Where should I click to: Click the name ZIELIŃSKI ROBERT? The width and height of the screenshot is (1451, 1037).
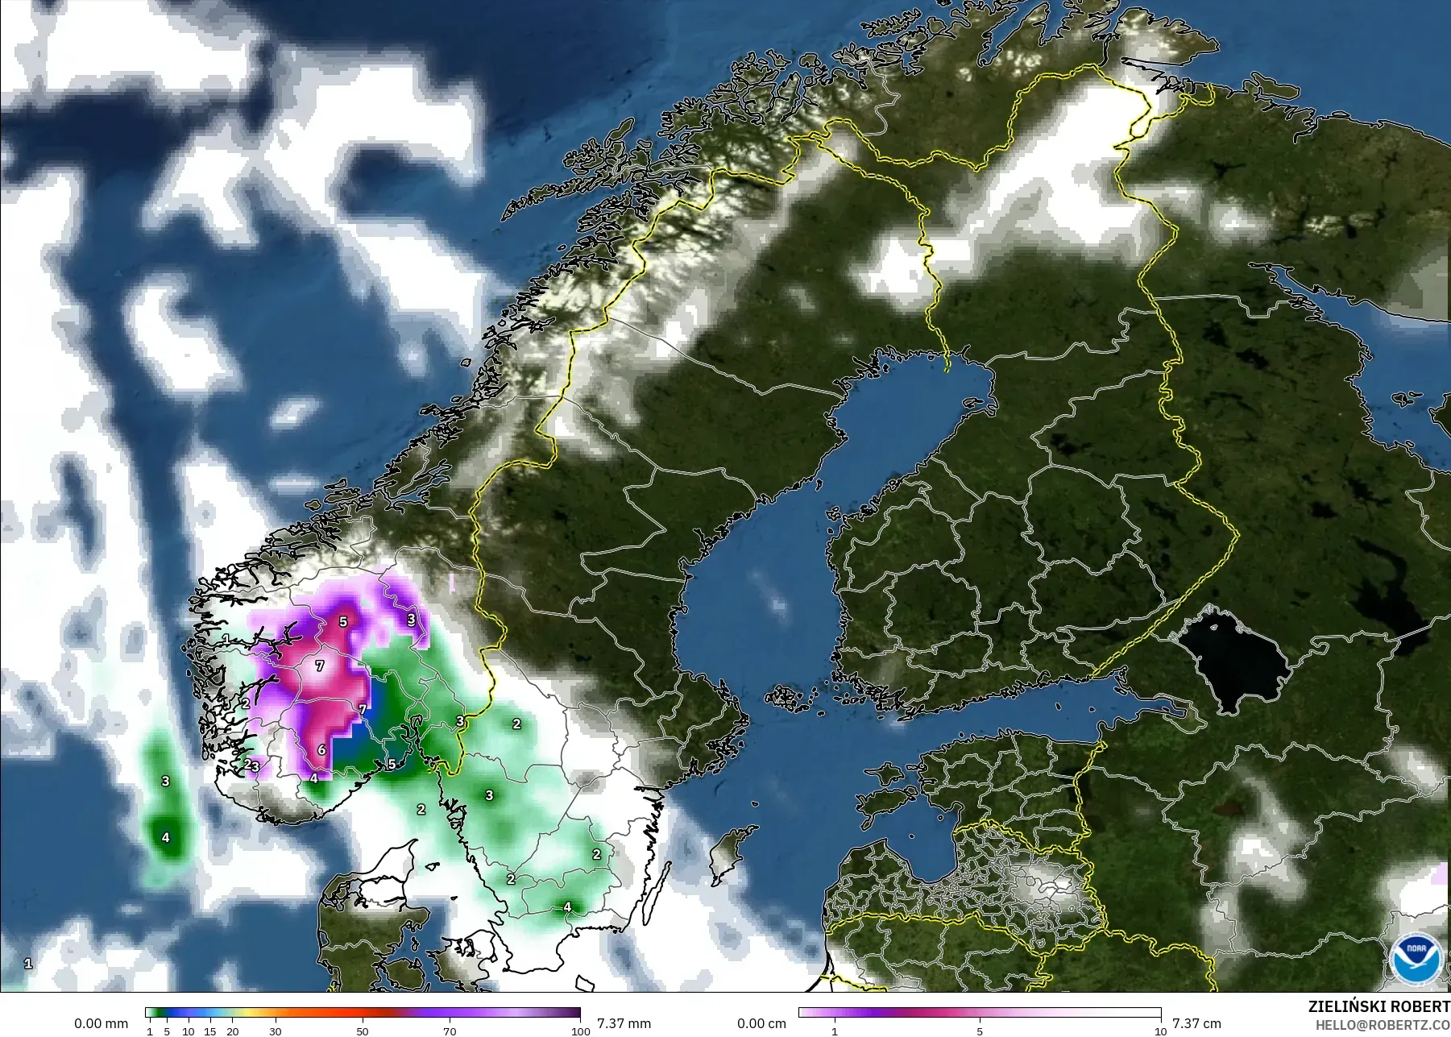1378,1007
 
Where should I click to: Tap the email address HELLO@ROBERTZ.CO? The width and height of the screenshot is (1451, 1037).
1383,1025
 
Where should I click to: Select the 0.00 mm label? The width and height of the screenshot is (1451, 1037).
101,1023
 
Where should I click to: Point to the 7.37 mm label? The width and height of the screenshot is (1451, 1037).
624,1023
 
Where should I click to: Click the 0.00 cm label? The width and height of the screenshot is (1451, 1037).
761,1023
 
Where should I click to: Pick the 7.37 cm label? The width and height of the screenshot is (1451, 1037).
1196,1023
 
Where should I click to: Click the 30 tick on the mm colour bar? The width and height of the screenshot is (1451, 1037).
276,1031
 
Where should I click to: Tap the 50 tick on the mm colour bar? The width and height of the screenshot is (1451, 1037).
363,1031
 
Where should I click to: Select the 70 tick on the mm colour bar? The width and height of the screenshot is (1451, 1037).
450,1031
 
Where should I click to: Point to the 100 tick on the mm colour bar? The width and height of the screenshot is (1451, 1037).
580,1031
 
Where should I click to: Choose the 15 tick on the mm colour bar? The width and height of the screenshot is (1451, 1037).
209,1031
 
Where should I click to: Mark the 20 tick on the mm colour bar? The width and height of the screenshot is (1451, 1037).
232,1031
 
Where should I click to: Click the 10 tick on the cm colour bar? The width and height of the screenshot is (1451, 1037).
1160,1031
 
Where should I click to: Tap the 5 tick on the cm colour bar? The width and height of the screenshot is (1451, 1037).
980,1031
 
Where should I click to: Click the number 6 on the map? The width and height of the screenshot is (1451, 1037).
321,750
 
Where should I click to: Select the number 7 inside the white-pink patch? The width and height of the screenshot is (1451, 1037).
320,666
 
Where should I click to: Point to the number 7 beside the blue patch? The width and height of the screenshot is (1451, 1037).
363,710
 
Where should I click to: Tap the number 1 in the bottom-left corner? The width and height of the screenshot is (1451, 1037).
28,964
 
